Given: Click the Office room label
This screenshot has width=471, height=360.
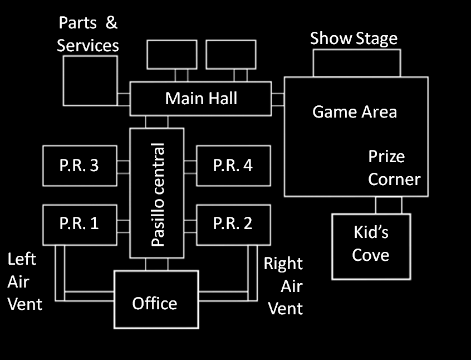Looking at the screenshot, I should [155, 303].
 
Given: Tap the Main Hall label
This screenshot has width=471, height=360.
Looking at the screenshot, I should [201, 99].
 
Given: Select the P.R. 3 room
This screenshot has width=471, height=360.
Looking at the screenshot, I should [80, 166].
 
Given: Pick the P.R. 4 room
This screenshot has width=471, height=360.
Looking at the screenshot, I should [233, 166].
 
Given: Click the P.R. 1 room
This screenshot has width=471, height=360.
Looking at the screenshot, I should [80, 223].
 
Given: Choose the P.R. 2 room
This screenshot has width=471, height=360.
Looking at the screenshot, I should [233, 223].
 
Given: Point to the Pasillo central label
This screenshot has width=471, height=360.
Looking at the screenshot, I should [158, 194].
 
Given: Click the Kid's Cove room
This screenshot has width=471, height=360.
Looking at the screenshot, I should [371, 245].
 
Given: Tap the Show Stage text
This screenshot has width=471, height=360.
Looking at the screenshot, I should [354, 38].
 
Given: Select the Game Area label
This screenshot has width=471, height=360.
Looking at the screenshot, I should [355, 111].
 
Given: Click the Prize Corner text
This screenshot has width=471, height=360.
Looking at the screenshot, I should [394, 168].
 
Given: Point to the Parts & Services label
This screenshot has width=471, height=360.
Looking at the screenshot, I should [88, 34].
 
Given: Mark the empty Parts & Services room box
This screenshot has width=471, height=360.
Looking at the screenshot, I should [90, 80].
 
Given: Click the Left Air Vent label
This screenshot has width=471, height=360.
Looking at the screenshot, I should [24, 282].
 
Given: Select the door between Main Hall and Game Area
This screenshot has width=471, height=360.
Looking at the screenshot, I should [278, 99].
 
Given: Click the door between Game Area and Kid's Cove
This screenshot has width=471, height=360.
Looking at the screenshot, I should [388, 205].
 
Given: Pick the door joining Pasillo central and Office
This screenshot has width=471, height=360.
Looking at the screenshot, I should [156, 264].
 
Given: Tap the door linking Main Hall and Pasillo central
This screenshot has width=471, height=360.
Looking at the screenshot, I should [156, 121].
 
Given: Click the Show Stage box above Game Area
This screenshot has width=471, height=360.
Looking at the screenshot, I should [356, 63].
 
